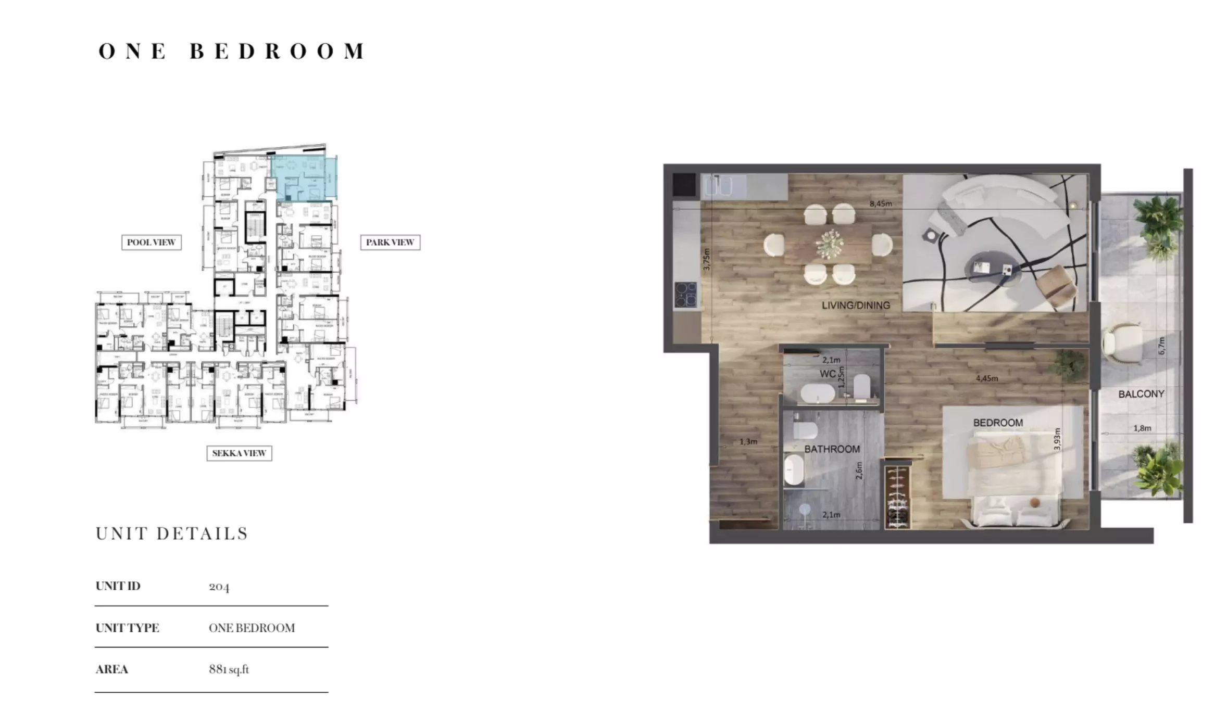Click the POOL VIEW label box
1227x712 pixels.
coord(151,243)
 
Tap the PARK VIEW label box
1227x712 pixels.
coord(390,243)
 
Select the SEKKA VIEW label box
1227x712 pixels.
coord(239,453)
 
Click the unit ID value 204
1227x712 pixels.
coord(219,587)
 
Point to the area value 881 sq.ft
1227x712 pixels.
coord(229,669)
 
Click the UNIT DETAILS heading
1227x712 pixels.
coord(172,534)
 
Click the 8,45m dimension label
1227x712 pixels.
coord(880,204)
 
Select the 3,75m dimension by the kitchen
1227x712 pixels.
coord(706,259)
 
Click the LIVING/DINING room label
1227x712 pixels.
coord(856,306)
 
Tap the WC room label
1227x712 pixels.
coord(828,374)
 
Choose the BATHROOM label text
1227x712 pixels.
coord(832,449)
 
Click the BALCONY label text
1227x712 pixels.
coord(1141,394)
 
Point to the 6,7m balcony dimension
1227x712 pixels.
coord(1161,346)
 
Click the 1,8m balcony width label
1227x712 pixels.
coord(1142,428)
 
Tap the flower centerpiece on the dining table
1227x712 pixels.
coord(830,244)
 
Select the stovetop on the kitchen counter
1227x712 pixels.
coord(686,295)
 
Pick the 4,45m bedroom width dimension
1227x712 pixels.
coord(986,378)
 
